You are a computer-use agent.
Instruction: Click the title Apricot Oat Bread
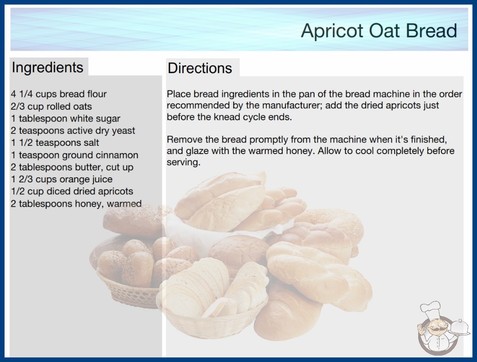point(379,31)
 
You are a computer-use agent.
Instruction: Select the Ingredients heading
point(47,67)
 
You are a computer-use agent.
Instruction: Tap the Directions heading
point(200,68)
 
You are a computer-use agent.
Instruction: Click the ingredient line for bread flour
point(59,94)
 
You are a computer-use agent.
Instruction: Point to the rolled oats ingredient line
point(52,106)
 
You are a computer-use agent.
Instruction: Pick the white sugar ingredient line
point(65,118)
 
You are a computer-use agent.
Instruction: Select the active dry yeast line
point(73,131)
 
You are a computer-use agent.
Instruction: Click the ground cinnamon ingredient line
point(74,155)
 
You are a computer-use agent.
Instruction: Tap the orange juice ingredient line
point(62,179)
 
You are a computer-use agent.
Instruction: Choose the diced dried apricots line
point(72,191)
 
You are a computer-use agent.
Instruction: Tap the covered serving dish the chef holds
point(460,328)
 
